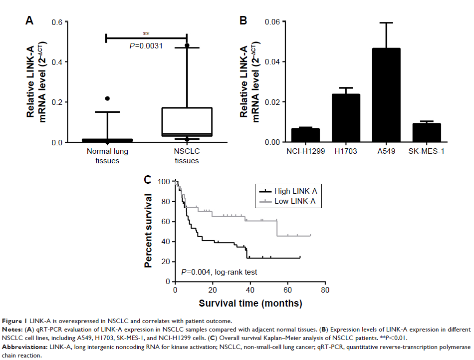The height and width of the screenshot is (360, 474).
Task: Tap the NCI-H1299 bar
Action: [x=305, y=135]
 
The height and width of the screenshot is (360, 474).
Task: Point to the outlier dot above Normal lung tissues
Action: [x=107, y=98]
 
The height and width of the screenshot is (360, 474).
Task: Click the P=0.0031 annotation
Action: [x=146, y=46]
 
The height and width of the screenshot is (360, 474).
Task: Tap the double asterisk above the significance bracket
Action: [x=146, y=34]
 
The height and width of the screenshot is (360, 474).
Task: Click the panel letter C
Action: [x=148, y=179]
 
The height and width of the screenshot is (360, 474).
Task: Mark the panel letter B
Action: [x=243, y=20]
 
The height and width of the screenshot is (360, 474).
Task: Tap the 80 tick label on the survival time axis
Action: [x=325, y=291]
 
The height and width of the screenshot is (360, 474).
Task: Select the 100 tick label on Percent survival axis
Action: [x=164, y=182]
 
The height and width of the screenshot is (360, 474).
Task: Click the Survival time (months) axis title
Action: [x=250, y=303]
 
